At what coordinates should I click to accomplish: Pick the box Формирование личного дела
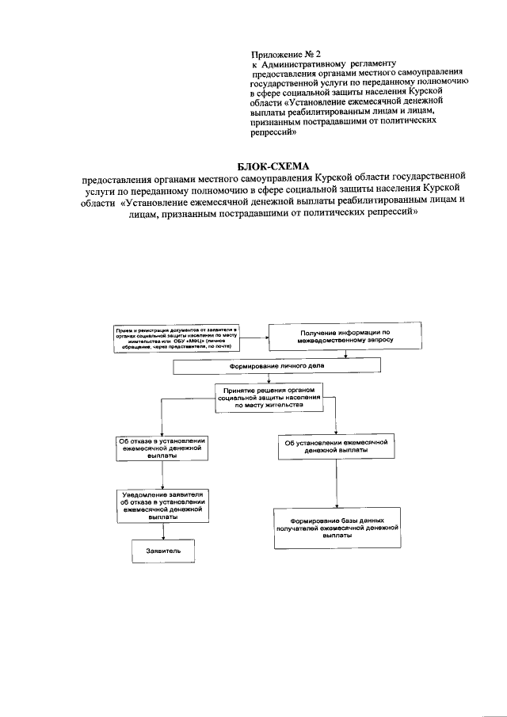click(277, 366)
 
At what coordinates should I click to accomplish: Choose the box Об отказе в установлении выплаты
click(162, 448)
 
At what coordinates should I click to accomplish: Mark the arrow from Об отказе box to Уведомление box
click(162, 475)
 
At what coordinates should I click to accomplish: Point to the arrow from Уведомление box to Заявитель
click(162, 532)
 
